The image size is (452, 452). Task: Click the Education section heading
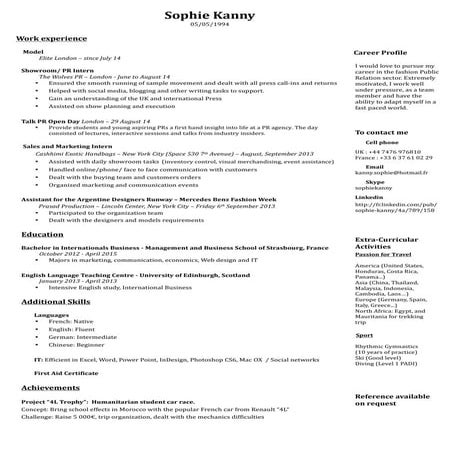click(x=42, y=262)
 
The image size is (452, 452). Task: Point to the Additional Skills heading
click(x=57, y=301)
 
